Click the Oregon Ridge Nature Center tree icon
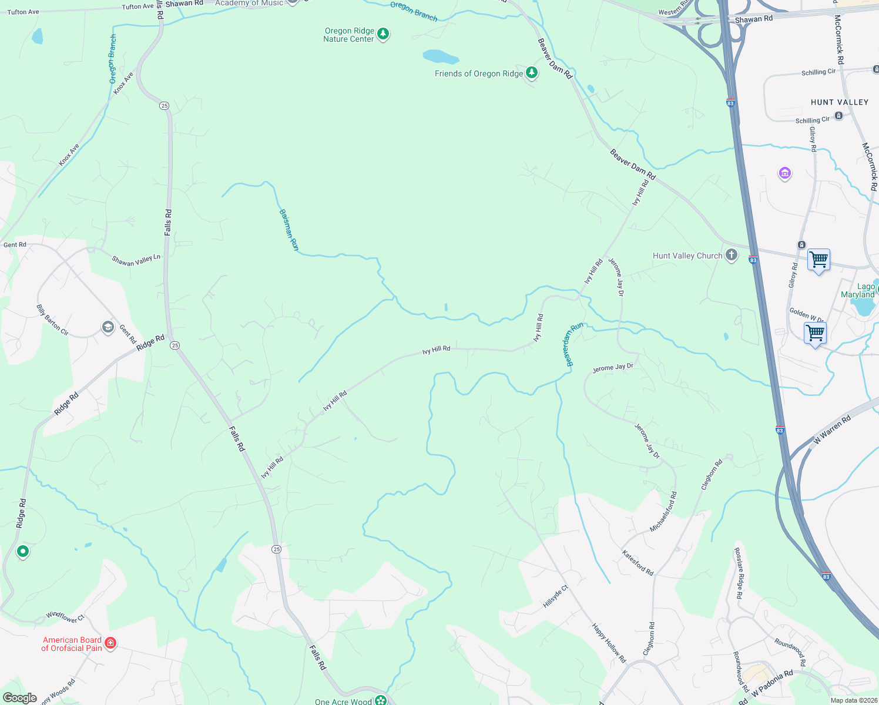[x=383, y=34]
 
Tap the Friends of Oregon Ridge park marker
[x=532, y=73]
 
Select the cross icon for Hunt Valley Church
[x=731, y=255]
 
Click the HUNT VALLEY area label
[x=839, y=102]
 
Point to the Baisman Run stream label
[x=288, y=230]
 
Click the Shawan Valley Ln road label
[x=136, y=260]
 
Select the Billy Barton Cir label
[x=52, y=320]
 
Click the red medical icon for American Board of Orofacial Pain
[x=110, y=643]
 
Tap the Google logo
[x=19, y=698]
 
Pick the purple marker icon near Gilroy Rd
[x=784, y=173]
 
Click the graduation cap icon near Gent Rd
[x=108, y=327]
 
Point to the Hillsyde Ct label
[x=555, y=596]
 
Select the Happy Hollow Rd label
[x=609, y=643]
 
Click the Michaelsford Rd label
[x=663, y=512]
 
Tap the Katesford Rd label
[x=638, y=563]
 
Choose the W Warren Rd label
[x=832, y=430]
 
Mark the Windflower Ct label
[x=65, y=617]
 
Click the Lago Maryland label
[x=858, y=290]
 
